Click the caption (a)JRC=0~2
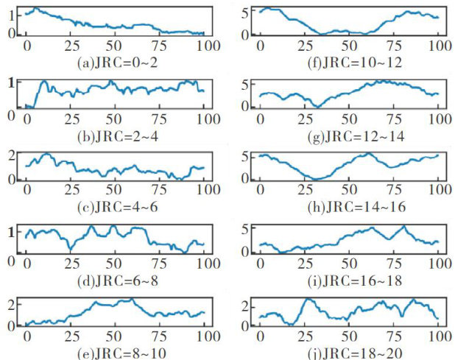coord(116,63)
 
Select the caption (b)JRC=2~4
coord(116,136)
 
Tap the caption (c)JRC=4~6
coord(116,208)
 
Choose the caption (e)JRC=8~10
coord(118,352)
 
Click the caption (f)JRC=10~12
coord(353,63)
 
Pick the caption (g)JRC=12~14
coord(353,136)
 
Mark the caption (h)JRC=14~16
coord(353,208)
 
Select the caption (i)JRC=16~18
coord(353,281)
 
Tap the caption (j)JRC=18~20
coord(353,352)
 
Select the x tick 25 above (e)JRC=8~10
coord(71,337)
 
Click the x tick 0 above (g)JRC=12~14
coord(260,119)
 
